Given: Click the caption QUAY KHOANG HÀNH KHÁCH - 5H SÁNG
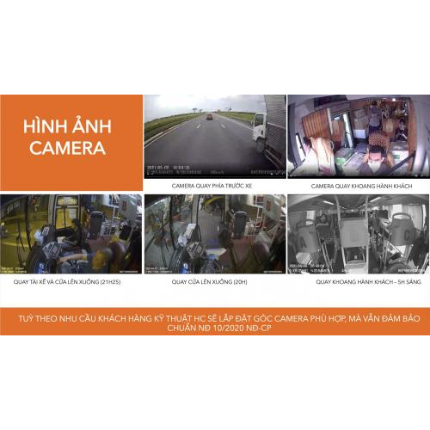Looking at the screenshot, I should [357, 280].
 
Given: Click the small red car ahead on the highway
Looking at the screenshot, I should [209, 116].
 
